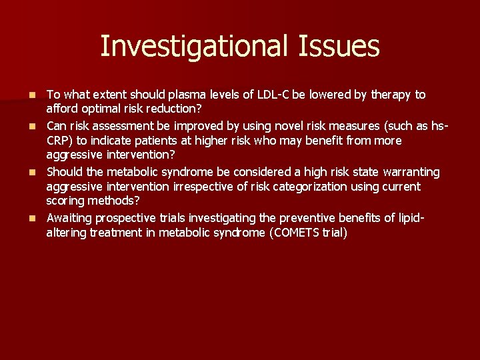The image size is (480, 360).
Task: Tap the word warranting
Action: click(x=407, y=172)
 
